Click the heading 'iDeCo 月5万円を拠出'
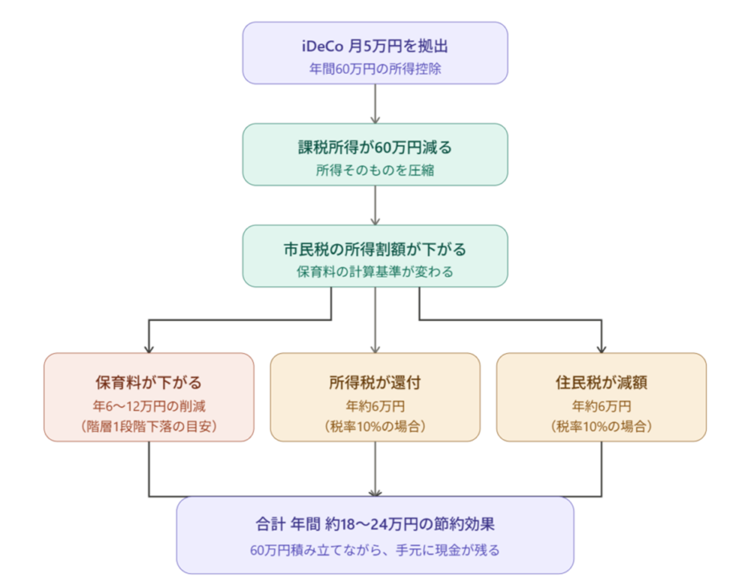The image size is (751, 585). point(375,47)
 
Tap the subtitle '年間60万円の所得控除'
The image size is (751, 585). point(375,68)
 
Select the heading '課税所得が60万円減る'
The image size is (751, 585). point(375,147)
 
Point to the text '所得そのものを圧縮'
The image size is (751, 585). point(375,170)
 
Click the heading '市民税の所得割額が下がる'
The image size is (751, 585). point(375,249)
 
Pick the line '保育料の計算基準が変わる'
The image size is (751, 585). point(375,272)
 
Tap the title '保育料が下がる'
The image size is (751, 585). point(149,382)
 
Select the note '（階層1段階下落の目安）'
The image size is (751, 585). point(149,426)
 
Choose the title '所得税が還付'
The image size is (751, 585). point(375,382)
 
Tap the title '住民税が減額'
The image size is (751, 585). point(602,382)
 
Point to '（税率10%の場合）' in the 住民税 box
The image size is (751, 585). point(602,426)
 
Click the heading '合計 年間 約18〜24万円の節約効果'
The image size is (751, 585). point(375,523)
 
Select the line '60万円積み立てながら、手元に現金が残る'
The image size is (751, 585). point(375,550)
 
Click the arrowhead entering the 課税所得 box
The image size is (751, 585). point(375,119)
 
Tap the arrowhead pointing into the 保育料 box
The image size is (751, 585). point(149,348)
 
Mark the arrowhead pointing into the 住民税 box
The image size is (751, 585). point(602,348)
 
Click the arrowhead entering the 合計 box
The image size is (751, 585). point(375,492)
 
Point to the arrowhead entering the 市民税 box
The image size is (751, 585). point(375,220)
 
